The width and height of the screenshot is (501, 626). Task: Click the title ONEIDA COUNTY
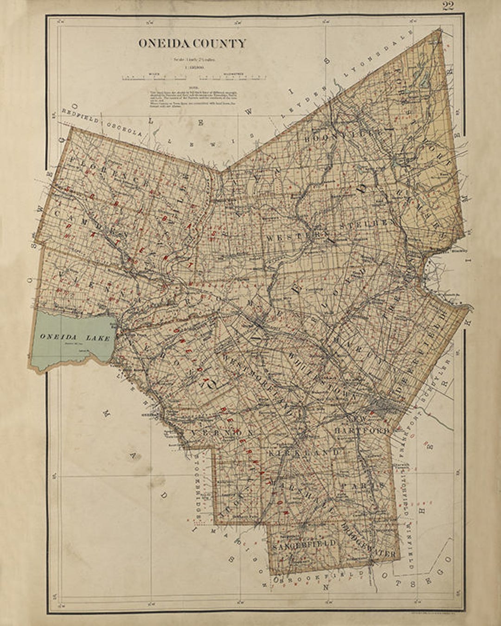(x=192, y=44)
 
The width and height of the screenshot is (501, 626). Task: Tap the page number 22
(x=448, y=6)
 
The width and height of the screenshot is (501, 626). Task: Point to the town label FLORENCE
(x=109, y=173)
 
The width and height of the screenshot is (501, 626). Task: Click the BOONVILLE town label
(x=342, y=136)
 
